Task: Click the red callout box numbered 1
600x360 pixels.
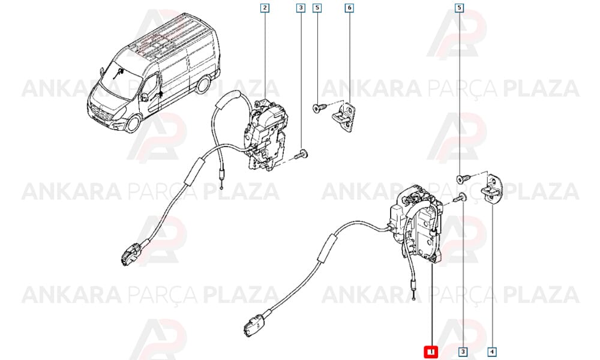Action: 431,352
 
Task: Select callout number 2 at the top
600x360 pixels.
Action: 265,8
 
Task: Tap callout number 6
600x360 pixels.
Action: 349,8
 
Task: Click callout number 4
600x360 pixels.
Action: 492,352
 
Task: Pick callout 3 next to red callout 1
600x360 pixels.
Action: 463,352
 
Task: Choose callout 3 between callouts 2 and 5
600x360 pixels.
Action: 301,8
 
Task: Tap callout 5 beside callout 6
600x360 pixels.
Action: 317,8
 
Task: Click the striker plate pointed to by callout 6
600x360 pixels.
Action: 343,116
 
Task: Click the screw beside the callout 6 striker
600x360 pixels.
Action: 319,108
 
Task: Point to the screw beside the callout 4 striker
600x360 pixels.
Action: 463,178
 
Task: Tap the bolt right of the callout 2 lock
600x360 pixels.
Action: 302,155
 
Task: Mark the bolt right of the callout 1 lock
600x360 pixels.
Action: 460,198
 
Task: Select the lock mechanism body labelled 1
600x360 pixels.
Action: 417,224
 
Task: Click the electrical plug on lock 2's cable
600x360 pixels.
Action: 131,253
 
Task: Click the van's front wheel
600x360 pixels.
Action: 133,123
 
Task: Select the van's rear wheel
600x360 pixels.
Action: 204,85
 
